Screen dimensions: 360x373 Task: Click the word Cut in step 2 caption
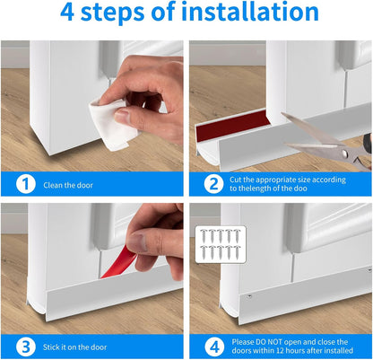[236, 180]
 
